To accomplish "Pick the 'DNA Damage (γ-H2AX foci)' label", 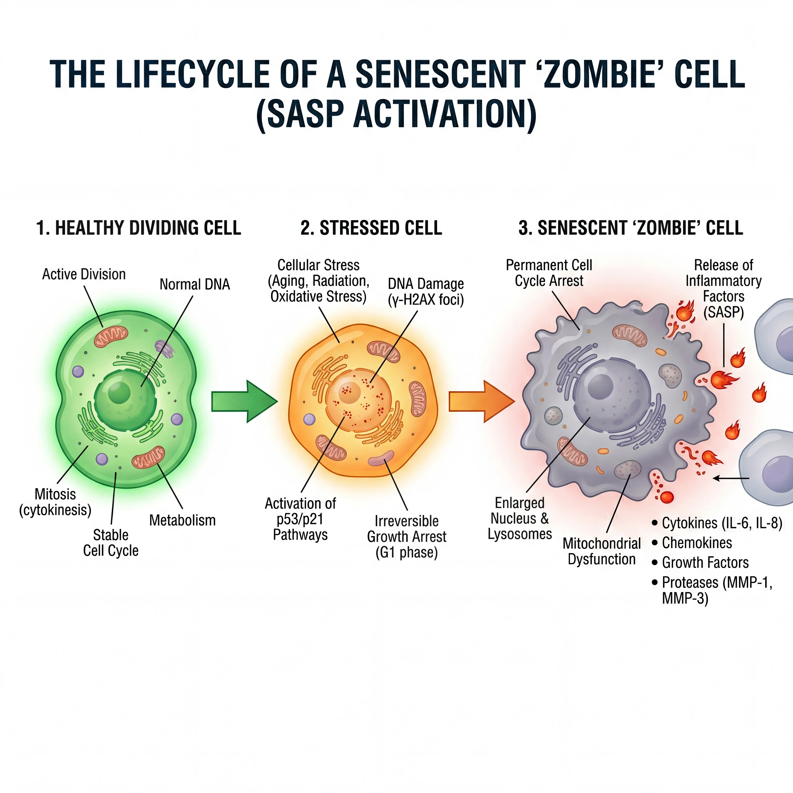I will tap(426, 291).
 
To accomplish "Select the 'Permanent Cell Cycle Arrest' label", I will tap(549, 273).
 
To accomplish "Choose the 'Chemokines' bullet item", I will tap(697, 543).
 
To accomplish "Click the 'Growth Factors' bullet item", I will tap(705, 562).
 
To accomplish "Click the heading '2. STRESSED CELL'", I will tap(371, 228).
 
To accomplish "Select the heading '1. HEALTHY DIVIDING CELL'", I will tap(139, 228).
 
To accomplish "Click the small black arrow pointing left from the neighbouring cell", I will tap(731, 478).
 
